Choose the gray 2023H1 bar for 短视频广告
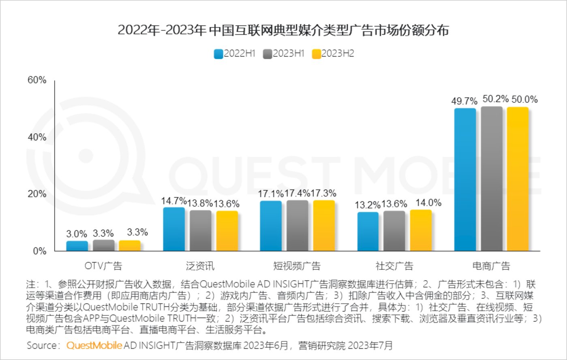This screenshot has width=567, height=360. [297, 226]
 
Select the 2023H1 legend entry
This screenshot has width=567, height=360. [284, 53]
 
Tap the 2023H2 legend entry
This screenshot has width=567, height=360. [333, 53]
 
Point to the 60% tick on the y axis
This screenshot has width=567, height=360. [37, 80]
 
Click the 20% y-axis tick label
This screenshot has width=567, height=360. [37, 194]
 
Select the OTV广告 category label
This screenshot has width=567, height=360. [103, 266]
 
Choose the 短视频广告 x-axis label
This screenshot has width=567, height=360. [297, 266]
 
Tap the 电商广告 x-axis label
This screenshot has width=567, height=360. [491, 266]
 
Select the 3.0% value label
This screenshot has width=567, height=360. [77, 234]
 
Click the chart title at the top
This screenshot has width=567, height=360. [283, 30]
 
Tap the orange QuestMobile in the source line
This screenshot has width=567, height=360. [94, 345]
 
